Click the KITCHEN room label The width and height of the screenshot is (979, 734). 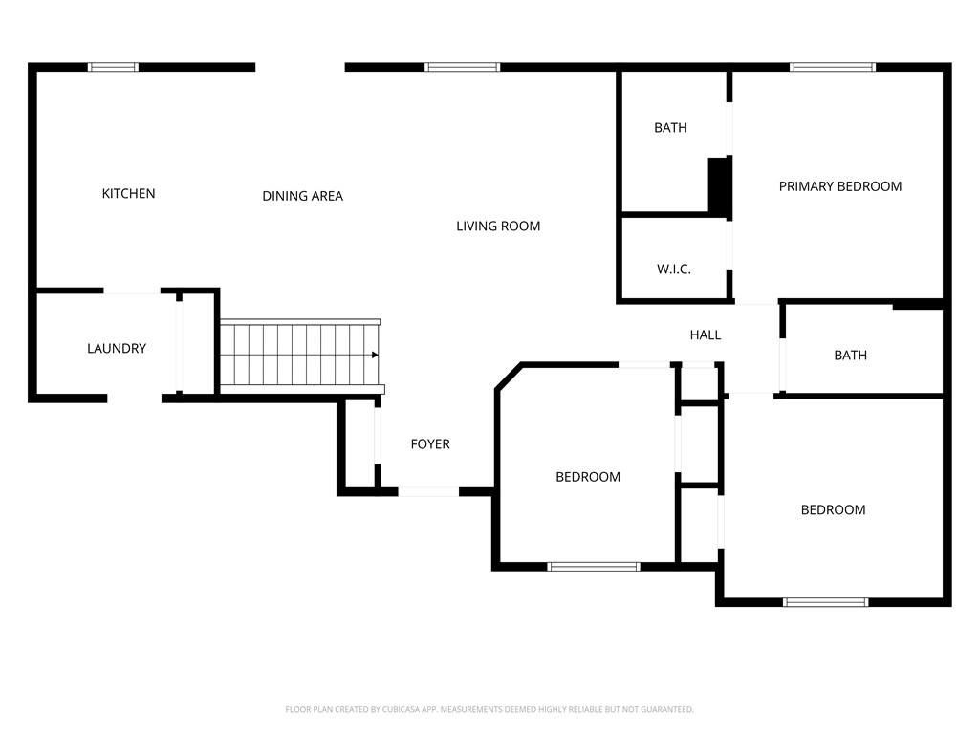(129, 193)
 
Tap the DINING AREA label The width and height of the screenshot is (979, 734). (303, 196)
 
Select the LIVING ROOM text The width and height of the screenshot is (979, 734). (498, 226)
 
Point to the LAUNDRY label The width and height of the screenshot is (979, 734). (117, 348)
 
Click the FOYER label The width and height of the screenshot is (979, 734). (430, 443)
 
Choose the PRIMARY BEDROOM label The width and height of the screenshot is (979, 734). (840, 186)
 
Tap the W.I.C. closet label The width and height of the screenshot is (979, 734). (674, 269)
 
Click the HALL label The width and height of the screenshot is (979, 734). (706, 335)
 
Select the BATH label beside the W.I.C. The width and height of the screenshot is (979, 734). (670, 128)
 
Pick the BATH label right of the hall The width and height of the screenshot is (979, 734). (850, 356)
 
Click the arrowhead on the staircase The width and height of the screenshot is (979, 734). (375, 356)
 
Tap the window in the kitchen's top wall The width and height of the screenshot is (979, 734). (113, 68)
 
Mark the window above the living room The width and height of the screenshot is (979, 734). (462, 68)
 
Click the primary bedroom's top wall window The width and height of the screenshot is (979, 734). (833, 68)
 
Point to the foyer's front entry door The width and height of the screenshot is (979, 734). (428, 492)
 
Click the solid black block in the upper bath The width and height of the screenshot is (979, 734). (719, 184)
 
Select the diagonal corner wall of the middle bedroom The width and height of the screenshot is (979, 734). (510, 377)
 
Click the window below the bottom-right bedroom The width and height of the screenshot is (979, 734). (825, 602)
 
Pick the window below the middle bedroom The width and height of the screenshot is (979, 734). (594, 567)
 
